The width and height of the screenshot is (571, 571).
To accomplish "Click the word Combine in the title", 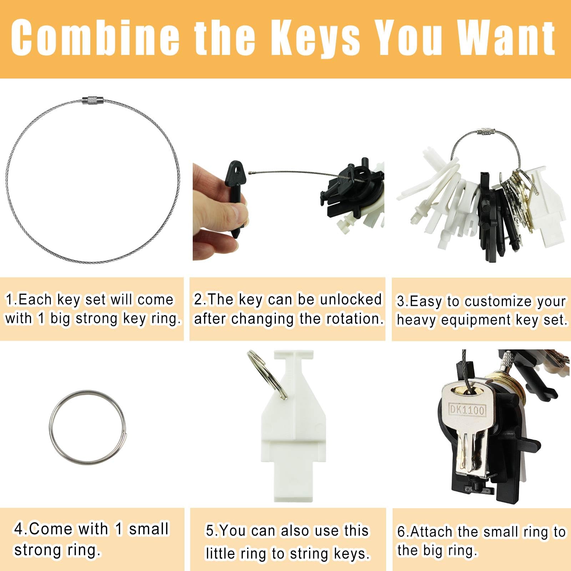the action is pos(95,38).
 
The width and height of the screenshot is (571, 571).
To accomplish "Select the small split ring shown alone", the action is pos(87,427).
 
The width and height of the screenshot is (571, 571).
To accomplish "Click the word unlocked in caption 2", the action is pos(351,299).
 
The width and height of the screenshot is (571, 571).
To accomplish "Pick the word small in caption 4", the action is pos(149,529).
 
